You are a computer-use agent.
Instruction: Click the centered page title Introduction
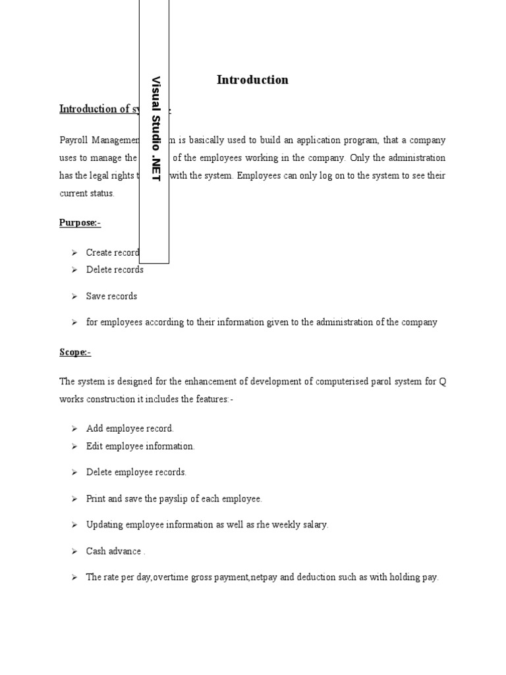[252, 80]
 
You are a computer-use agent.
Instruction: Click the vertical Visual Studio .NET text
[156, 129]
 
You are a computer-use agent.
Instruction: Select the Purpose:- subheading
[80, 223]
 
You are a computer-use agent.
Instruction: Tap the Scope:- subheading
[75, 352]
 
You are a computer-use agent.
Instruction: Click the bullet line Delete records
[115, 270]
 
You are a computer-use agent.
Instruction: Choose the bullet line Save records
[111, 296]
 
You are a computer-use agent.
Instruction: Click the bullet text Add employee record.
[130, 428]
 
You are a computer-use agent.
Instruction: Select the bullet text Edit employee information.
[140, 446]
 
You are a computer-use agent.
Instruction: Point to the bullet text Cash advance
[114, 551]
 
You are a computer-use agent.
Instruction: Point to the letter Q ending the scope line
[442, 382]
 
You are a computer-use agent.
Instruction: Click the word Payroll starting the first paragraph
[73, 140]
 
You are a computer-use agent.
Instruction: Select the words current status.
[87, 193]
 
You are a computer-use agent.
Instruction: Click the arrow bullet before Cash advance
[74, 551]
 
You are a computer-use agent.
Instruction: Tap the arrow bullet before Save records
[74, 297]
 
